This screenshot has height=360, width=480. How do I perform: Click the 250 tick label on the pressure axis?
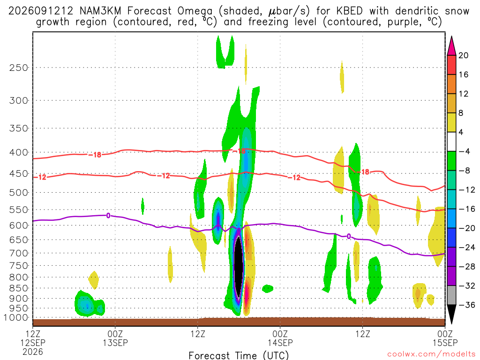tap(19, 67)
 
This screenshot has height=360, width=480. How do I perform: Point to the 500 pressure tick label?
tap(19, 193)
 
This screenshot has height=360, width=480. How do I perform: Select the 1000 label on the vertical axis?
tap(16, 318)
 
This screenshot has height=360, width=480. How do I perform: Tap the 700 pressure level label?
tap(19, 253)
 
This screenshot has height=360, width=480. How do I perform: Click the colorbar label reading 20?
tap(464, 55)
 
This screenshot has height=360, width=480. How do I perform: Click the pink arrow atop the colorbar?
tap(451, 46)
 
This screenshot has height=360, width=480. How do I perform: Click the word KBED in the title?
tap(349, 11)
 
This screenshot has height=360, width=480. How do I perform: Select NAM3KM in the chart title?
tap(100, 11)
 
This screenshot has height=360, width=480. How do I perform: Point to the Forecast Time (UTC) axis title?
tap(239, 355)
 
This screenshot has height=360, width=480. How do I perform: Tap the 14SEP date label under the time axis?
tap(280, 343)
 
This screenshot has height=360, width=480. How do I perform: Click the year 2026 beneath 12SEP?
tap(33, 352)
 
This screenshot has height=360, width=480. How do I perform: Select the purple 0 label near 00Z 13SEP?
tap(108, 216)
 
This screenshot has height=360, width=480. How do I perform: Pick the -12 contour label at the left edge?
tap(40, 177)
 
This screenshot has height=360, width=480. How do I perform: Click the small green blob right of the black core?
tap(268, 289)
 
